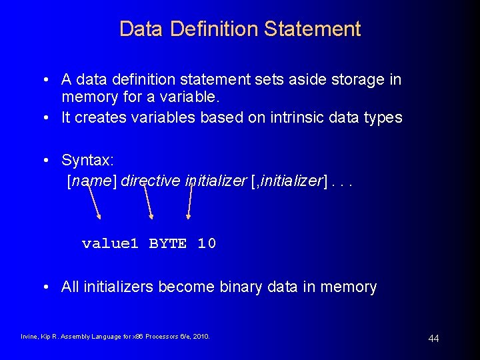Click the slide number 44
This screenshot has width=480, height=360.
[433, 339]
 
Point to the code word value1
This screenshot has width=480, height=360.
[110, 244]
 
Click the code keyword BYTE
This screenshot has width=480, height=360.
[167, 244]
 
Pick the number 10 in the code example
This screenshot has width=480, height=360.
[207, 244]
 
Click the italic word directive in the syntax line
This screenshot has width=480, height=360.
[151, 181]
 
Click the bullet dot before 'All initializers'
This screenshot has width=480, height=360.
[45, 287]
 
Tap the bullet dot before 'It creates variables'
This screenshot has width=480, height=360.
[45, 118]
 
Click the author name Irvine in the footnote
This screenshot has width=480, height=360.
[30, 337]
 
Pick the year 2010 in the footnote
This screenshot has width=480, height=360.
[201, 337]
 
